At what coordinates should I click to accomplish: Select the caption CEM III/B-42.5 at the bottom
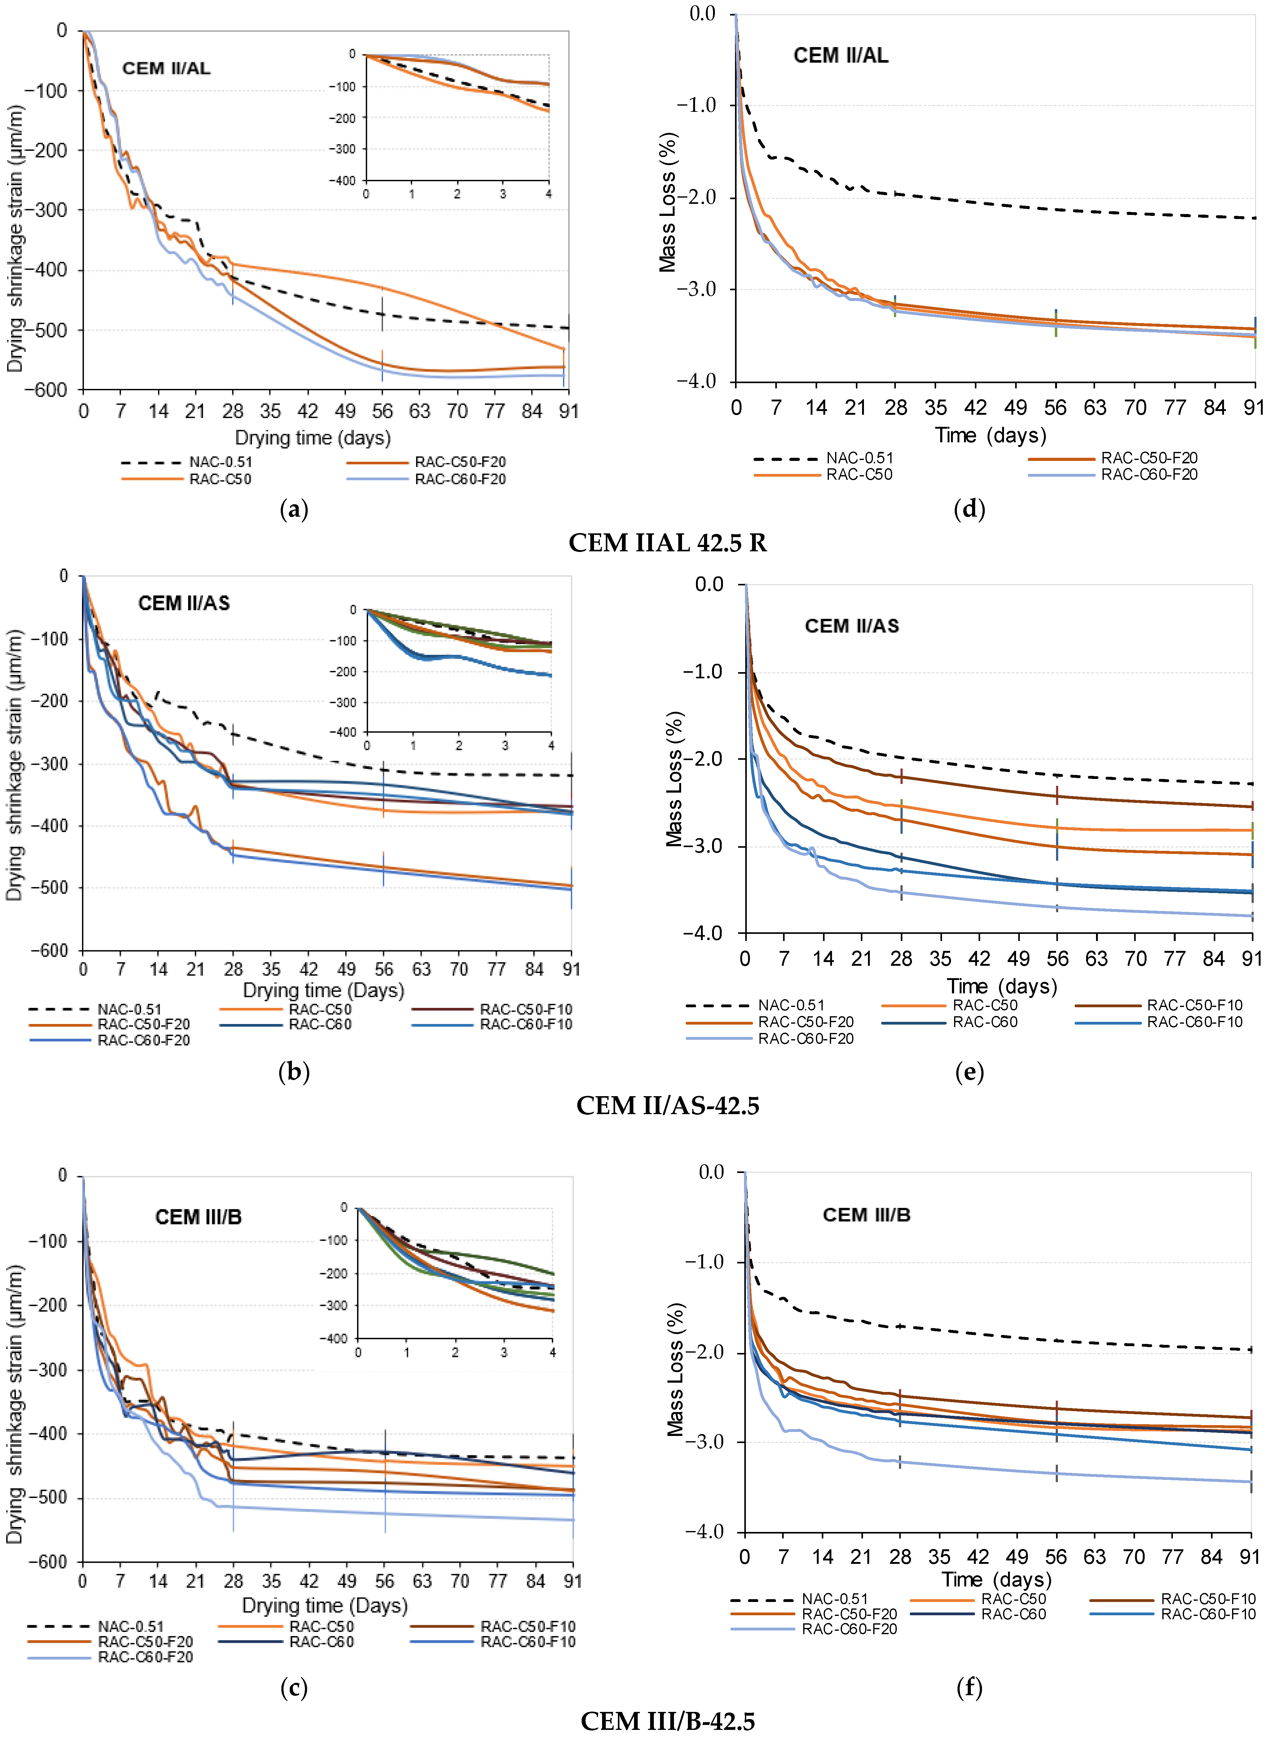(x=667, y=1721)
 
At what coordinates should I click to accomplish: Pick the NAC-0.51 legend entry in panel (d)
(x=860, y=458)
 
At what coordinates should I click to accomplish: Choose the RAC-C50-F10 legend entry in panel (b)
(x=526, y=1009)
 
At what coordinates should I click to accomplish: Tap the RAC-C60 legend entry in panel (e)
(x=985, y=1022)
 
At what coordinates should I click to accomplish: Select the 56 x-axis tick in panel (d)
(x=1055, y=407)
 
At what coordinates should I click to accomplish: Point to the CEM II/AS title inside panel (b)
(x=184, y=603)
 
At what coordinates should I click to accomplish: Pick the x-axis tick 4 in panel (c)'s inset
(x=553, y=1353)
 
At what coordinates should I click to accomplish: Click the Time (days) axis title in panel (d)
(x=990, y=436)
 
